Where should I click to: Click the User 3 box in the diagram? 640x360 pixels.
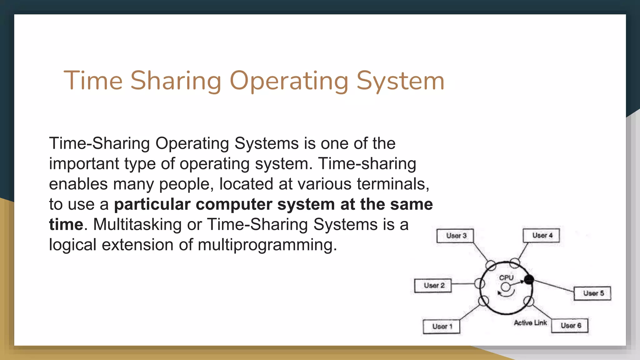coord(455,236)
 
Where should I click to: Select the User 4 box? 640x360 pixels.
coord(541,235)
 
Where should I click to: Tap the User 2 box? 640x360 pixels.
coord(433,285)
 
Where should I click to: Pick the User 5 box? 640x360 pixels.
coord(592,293)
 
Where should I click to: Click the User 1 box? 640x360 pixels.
coord(442,327)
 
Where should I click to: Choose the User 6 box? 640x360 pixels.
coord(570,325)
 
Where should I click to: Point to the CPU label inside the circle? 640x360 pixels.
coord(506,277)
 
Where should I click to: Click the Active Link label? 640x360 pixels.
coord(530,323)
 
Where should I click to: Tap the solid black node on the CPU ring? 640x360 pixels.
coord(529,279)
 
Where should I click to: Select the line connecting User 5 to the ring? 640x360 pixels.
coord(553,286)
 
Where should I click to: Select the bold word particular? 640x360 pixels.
coord(152,204)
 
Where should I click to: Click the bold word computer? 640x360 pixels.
coord(234,204)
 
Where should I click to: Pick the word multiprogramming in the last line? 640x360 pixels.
coord(267,245)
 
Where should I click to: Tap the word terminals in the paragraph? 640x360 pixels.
coord(393,184)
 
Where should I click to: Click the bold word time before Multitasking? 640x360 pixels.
coord(66,224)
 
